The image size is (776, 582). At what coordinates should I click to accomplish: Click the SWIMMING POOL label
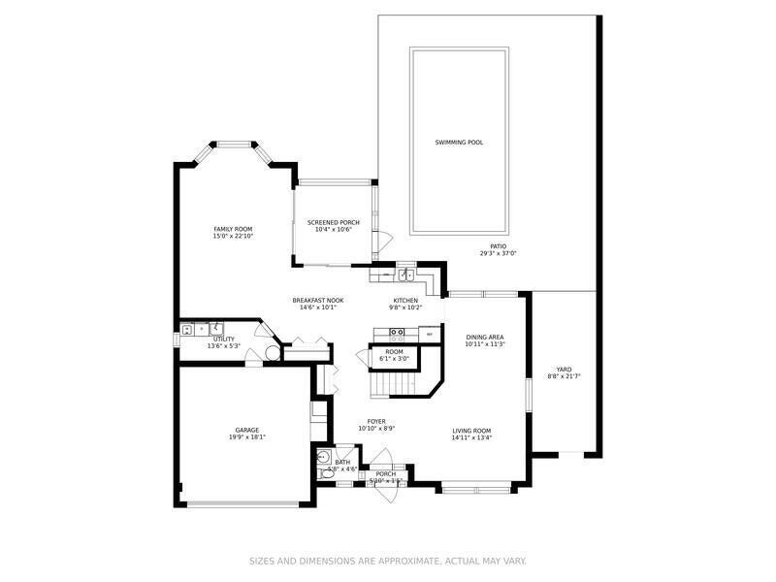click(x=459, y=143)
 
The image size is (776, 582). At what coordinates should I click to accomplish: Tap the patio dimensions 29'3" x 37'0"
click(x=498, y=253)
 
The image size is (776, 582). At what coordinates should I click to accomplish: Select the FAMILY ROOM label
click(x=233, y=229)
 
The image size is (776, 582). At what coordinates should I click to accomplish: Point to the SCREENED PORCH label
click(x=333, y=222)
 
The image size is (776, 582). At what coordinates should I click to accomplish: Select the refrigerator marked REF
click(x=428, y=334)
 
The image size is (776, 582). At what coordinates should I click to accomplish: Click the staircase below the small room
click(x=400, y=384)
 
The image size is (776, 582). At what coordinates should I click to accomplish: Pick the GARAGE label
click(x=246, y=430)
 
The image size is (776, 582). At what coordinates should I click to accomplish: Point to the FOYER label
click(x=376, y=422)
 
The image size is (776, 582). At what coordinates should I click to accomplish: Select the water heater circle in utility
click(x=273, y=354)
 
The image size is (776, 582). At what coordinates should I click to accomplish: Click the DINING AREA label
click(x=485, y=336)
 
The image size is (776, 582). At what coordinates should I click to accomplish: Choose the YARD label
click(x=563, y=369)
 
